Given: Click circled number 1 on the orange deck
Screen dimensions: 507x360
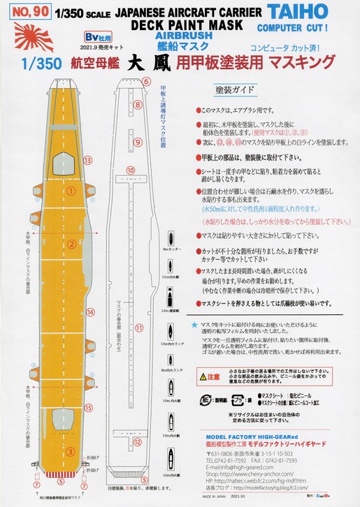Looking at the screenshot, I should coord(71,189).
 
